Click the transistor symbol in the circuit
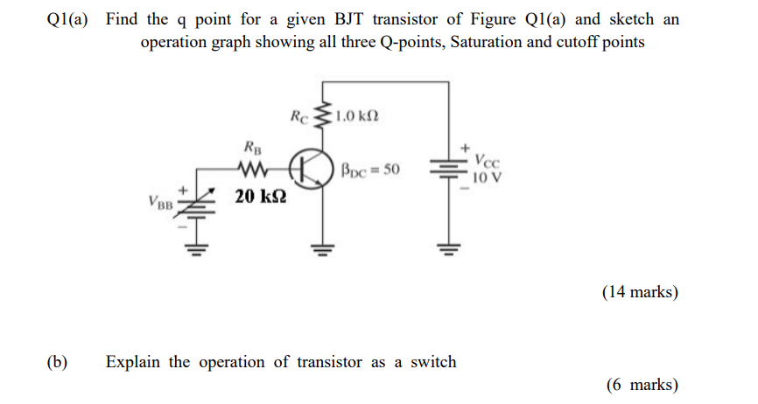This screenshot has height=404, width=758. (x=312, y=170)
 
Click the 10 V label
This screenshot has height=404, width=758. (x=487, y=178)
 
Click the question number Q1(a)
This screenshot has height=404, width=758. (x=67, y=19)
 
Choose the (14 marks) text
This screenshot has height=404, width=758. (x=640, y=293)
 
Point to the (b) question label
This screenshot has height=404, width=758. (x=60, y=362)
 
